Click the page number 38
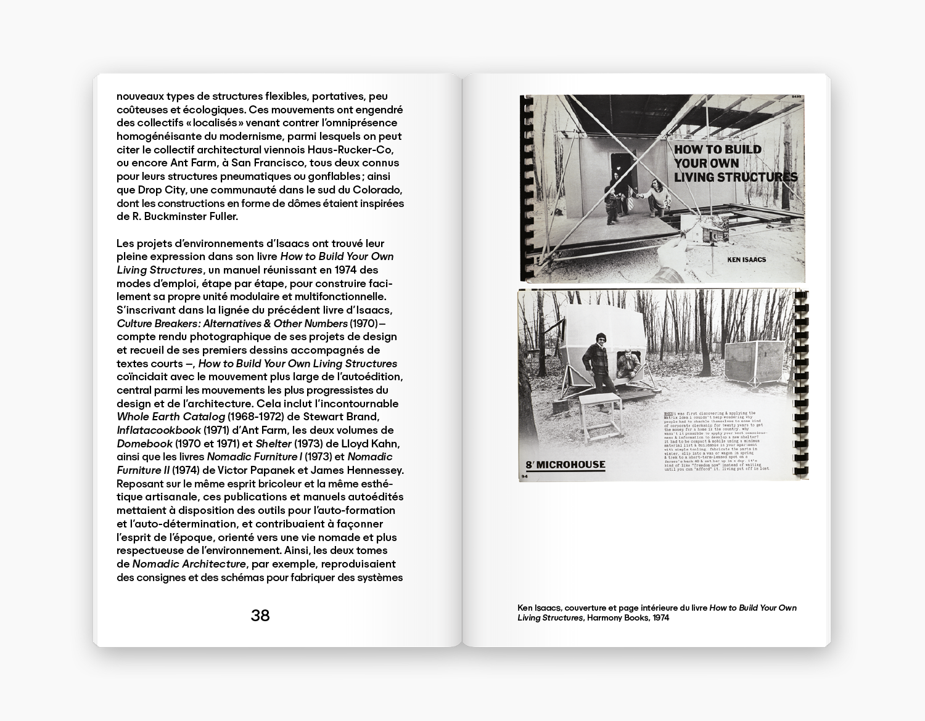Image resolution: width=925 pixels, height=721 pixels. coord(260,615)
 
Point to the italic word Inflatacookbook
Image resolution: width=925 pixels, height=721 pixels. coord(159,430)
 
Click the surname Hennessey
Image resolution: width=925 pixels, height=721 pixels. coord(372,470)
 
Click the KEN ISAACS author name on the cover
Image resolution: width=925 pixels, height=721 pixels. coord(746,259)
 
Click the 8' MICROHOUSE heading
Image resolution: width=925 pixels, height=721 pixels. coord(566,465)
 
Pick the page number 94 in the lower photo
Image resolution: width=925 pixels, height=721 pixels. coord(525,476)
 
